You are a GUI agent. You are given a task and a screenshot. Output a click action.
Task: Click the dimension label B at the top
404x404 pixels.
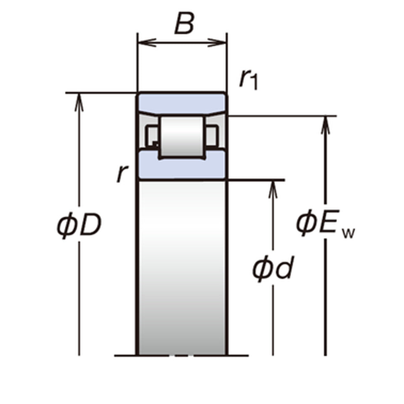(184, 23)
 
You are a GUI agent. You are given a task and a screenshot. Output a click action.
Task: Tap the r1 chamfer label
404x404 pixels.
(248, 80)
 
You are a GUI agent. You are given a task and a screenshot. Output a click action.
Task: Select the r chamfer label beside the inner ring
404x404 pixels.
(122, 173)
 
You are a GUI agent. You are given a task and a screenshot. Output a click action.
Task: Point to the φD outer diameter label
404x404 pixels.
(79, 225)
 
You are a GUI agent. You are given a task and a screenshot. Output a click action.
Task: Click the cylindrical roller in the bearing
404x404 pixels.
(182, 136)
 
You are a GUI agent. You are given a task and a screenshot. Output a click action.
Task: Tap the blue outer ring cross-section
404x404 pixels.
(182, 103)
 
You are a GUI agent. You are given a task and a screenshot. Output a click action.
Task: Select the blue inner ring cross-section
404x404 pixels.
(182, 165)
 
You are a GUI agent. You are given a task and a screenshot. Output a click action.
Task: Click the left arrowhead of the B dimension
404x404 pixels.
(147, 43)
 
